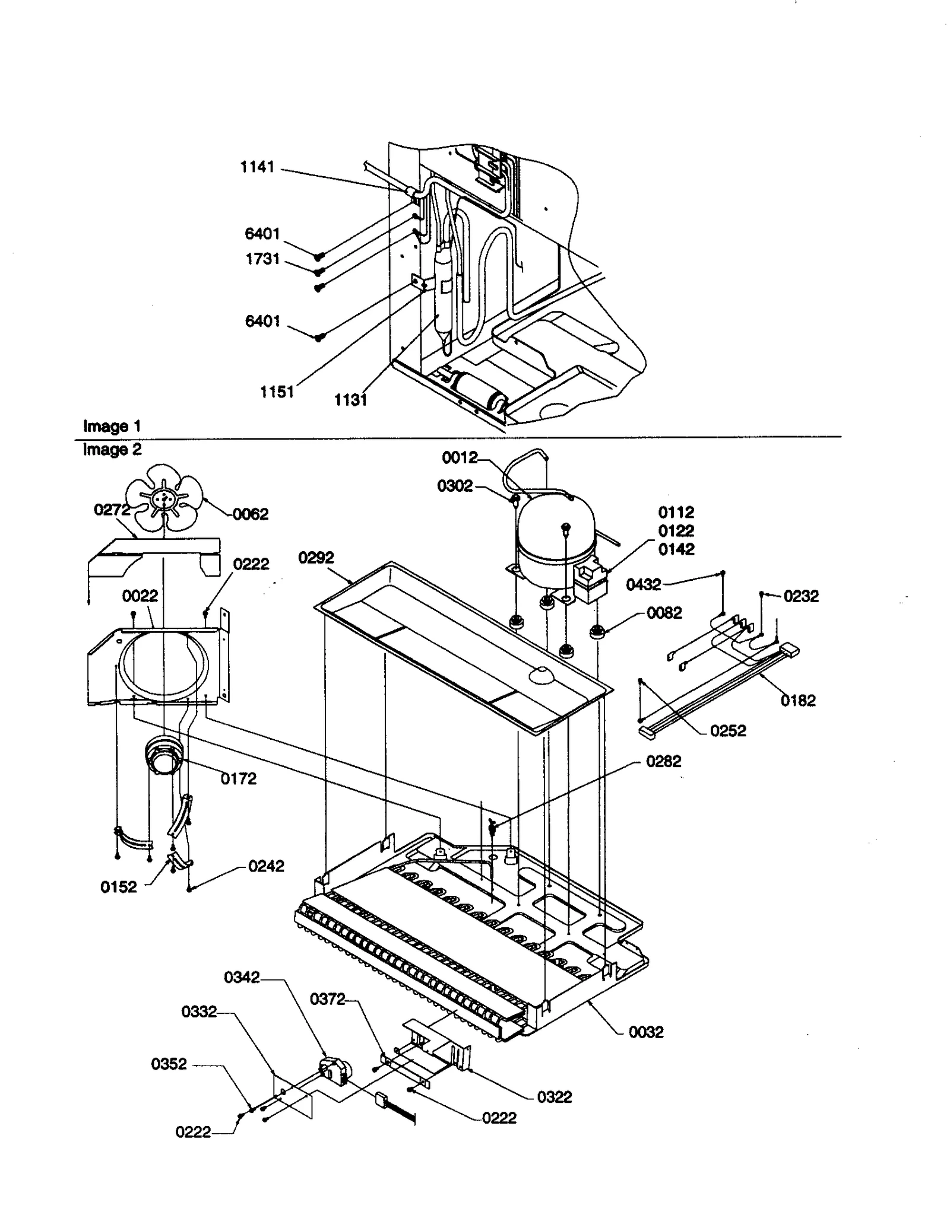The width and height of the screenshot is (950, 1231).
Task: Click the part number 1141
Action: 257,167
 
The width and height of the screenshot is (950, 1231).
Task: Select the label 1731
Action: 262,259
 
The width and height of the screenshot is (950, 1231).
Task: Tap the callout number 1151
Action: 277,392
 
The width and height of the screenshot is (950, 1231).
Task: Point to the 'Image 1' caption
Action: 112,426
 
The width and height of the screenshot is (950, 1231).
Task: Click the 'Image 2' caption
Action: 112,450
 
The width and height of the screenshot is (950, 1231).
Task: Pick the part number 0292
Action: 316,558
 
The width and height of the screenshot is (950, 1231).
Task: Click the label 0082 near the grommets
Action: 664,613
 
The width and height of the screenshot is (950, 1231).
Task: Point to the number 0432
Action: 644,585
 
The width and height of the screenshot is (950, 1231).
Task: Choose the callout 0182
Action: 798,701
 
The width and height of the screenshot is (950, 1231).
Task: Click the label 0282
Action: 663,762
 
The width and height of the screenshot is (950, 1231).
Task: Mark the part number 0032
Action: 646,1032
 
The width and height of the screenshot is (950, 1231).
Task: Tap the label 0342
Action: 242,977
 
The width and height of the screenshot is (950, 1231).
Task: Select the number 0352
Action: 169,1064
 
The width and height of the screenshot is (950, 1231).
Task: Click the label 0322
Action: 555,1097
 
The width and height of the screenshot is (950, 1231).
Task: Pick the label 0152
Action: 119,887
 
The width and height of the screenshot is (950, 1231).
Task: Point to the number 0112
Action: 676,512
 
